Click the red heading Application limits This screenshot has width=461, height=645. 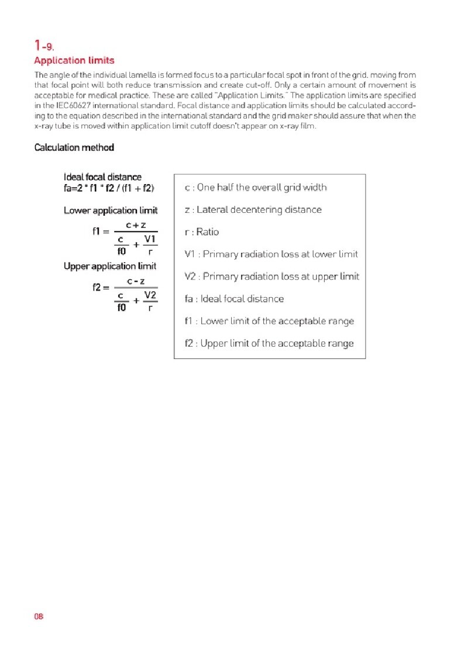click(74, 60)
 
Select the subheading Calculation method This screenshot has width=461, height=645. click(74, 147)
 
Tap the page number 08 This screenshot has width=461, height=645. click(39, 616)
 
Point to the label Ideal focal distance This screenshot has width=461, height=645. click(102, 177)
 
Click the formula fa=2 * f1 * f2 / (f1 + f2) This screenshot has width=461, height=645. click(109, 188)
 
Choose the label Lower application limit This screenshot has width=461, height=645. click(111, 211)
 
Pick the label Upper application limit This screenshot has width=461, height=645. click(110, 266)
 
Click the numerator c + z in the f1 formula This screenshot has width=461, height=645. click(136, 225)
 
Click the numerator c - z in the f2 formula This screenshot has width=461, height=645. click(136, 282)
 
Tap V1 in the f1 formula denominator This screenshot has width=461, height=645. click(150, 239)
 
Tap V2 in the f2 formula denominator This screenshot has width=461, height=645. click(150, 295)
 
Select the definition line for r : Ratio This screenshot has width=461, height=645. click(202, 232)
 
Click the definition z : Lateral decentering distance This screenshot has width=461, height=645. click(253, 210)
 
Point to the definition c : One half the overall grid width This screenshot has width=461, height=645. click(256, 188)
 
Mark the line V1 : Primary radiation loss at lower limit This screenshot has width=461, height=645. click(271, 254)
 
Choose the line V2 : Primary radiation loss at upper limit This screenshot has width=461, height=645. click(271, 277)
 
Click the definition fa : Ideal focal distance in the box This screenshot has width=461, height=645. click(234, 299)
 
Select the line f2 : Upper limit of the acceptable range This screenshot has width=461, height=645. click(269, 343)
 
